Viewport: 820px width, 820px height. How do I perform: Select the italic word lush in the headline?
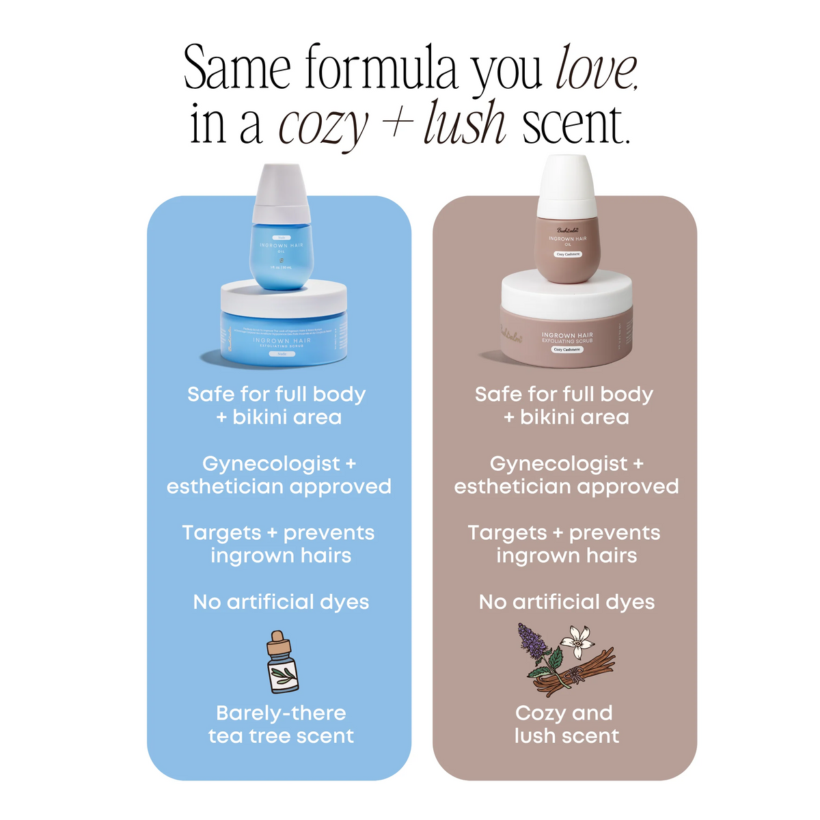(465, 124)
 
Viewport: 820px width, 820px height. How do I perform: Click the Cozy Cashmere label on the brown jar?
(566, 349)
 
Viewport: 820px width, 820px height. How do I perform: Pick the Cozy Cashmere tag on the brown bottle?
(567, 254)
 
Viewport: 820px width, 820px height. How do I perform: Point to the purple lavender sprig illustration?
(533, 642)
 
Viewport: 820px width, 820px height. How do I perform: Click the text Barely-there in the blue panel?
(281, 713)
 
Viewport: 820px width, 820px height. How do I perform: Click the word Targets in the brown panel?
(508, 533)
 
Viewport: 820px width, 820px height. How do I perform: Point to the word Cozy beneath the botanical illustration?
(541, 713)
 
